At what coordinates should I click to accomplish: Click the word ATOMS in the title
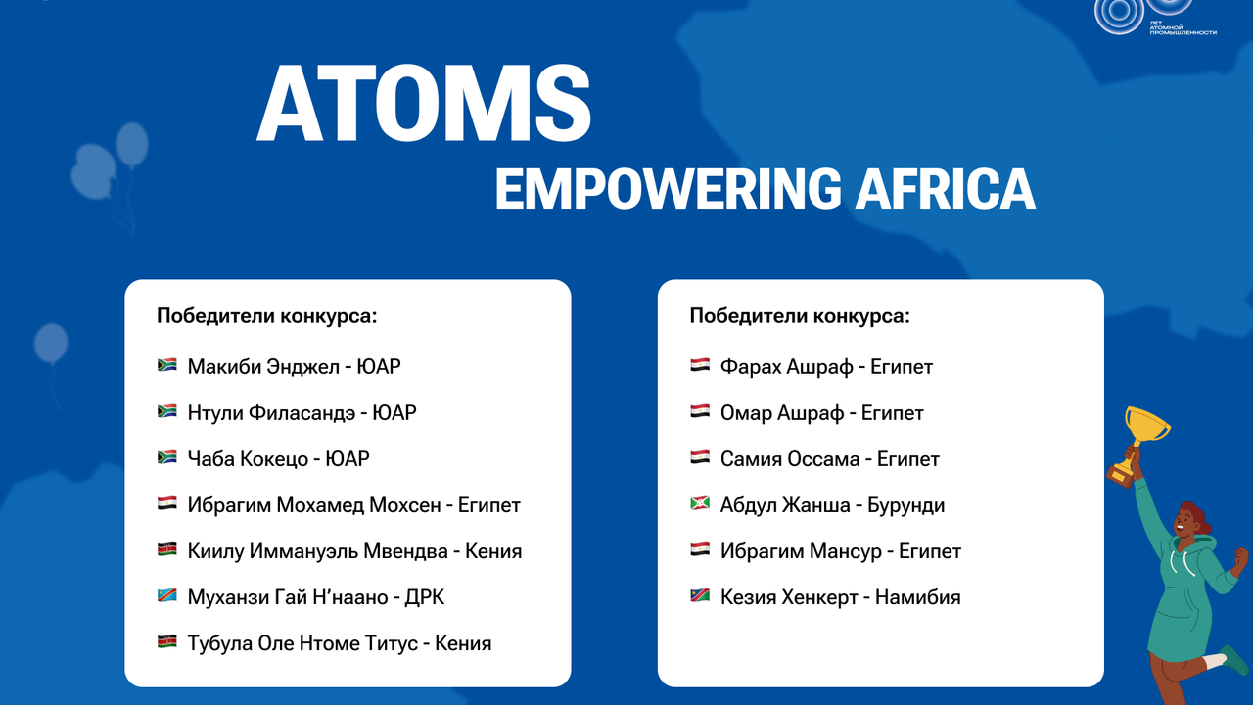coord(424,103)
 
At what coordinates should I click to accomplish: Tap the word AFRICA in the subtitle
coord(946,189)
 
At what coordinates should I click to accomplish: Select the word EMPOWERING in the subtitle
coord(668,189)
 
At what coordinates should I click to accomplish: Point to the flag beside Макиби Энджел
coord(166,365)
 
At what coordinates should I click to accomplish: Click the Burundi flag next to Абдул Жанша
coord(700,503)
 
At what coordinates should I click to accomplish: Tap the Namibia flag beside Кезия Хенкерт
coord(700,596)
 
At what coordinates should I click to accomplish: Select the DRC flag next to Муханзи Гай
coord(166,596)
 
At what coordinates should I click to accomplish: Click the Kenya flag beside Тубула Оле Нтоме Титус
coord(166,641)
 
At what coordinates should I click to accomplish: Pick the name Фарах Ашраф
coord(786,367)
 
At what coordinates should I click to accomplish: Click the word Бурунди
coord(906,505)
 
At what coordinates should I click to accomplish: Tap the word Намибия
coord(918,597)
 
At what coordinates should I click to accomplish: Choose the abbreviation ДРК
coord(425,597)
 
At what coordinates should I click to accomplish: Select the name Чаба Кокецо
coord(248,459)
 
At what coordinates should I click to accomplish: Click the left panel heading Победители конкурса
coord(267,316)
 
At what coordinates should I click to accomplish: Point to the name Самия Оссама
coord(790,459)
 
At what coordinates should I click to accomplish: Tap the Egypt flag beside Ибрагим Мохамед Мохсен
coord(166,503)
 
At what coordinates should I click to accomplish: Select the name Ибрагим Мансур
coord(801,552)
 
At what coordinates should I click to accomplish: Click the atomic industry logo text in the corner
coord(1183,28)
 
